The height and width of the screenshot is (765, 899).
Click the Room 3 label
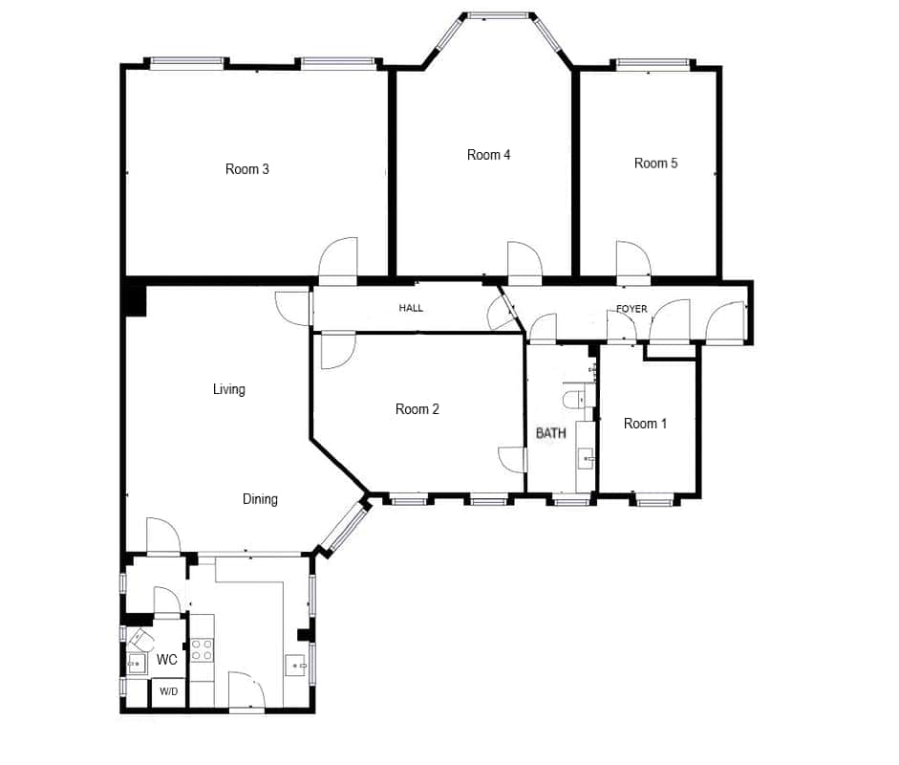[247, 169]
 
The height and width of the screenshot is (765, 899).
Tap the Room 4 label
[488, 155]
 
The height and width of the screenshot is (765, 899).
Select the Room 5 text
[656, 164]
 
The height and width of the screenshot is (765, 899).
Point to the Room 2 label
[417, 409]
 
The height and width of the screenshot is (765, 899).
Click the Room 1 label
[645, 424]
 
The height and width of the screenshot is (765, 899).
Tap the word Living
[229, 390]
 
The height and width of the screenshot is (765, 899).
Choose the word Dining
[260, 499]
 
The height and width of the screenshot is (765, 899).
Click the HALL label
[411, 308]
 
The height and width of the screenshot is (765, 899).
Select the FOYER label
[631, 309]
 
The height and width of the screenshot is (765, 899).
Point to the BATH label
[551, 433]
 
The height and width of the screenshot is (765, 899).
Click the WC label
[167, 660]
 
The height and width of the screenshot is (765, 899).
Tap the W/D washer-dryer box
[168, 692]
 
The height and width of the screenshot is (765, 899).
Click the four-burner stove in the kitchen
[202, 649]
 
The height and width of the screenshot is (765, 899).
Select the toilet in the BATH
[575, 400]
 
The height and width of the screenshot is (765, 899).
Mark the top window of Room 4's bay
[497, 16]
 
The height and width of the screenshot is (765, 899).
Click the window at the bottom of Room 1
[654, 503]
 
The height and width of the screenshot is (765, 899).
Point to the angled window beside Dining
[345, 526]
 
